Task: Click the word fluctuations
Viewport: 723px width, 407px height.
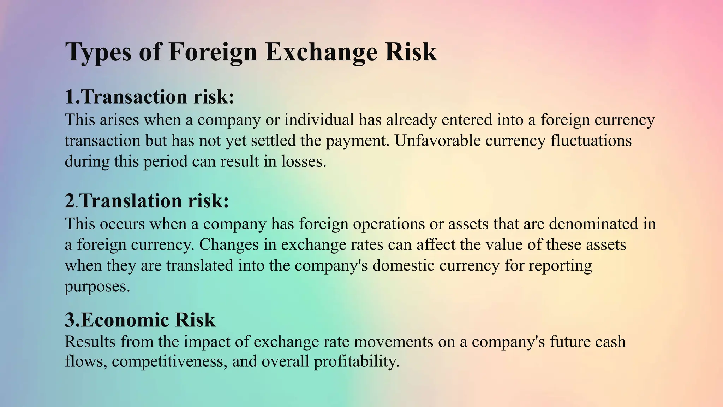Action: pyautogui.click(x=591, y=141)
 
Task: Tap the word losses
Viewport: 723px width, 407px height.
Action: pyautogui.click(x=303, y=161)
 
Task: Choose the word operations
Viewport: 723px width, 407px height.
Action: pyautogui.click(x=389, y=224)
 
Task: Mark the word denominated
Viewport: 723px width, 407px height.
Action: pyautogui.click(x=593, y=224)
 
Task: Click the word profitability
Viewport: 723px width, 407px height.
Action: pyautogui.click(x=356, y=361)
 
